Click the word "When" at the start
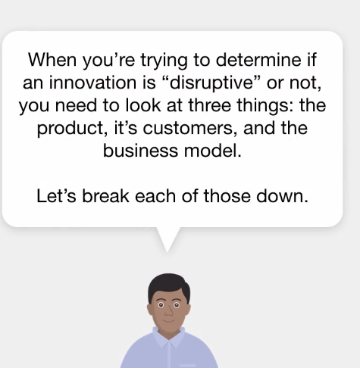(52, 60)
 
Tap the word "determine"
(258, 60)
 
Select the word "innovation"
(92, 83)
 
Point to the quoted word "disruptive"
(211, 83)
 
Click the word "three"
(210, 105)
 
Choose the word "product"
(71, 129)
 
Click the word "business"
(140, 151)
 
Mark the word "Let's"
(56, 196)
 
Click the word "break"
(106, 196)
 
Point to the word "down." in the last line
(283, 196)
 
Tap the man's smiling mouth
(169, 320)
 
